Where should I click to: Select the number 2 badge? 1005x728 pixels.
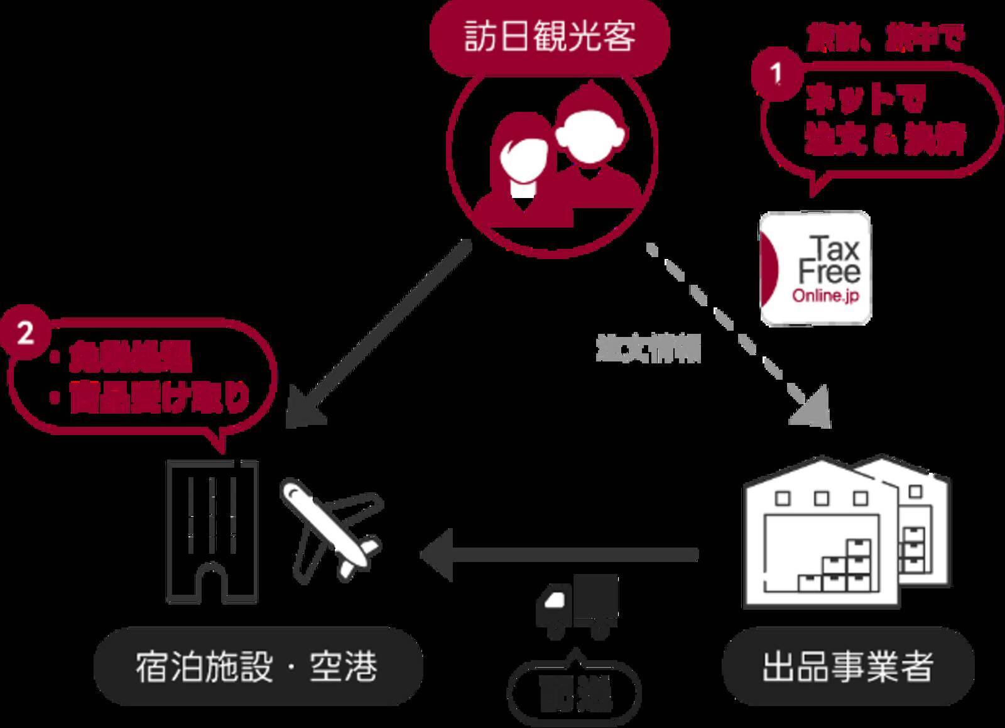(x=24, y=333)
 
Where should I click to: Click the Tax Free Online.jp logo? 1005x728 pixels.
(x=815, y=269)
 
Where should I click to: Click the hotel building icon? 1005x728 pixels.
(x=212, y=531)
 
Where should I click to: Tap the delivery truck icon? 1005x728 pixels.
(x=577, y=607)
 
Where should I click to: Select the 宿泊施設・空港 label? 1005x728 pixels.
(x=257, y=666)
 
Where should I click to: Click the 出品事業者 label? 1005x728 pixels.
(x=848, y=666)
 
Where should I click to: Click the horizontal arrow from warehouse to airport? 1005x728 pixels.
(x=559, y=554)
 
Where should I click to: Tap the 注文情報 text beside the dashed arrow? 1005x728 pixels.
(x=648, y=350)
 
